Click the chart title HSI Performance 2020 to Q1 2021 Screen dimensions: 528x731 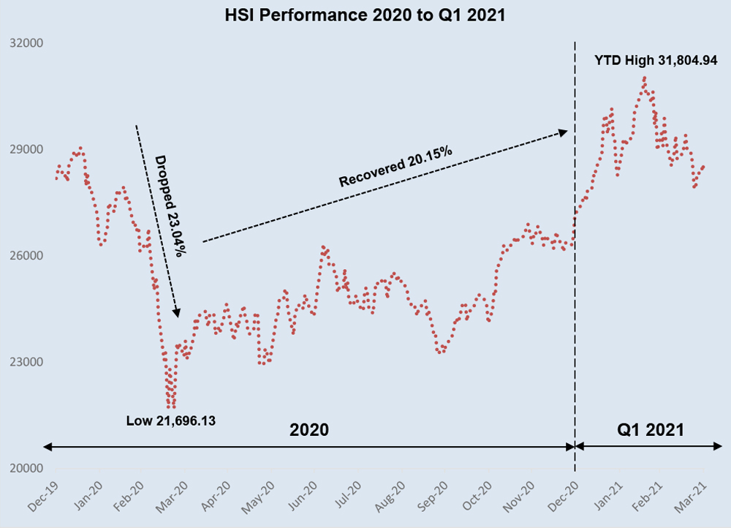pyautogui.click(x=365, y=15)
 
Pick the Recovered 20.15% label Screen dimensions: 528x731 pyautogui.click(x=395, y=167)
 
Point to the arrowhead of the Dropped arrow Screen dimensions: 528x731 pyautogui.click(x=176, y=313)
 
